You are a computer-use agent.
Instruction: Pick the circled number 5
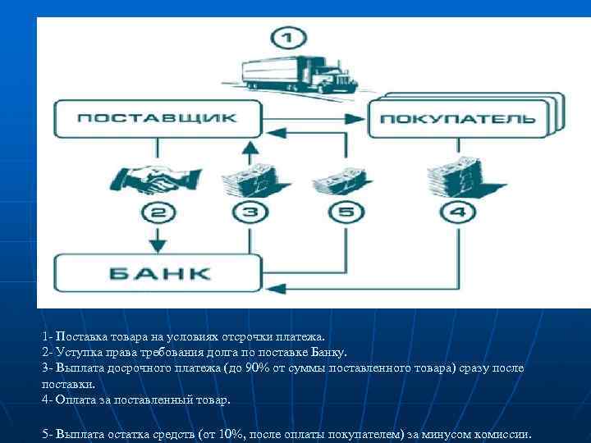coord(346,213)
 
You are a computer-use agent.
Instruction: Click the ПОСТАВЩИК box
coord(157,118)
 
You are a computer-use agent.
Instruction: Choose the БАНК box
coord(157,273)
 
